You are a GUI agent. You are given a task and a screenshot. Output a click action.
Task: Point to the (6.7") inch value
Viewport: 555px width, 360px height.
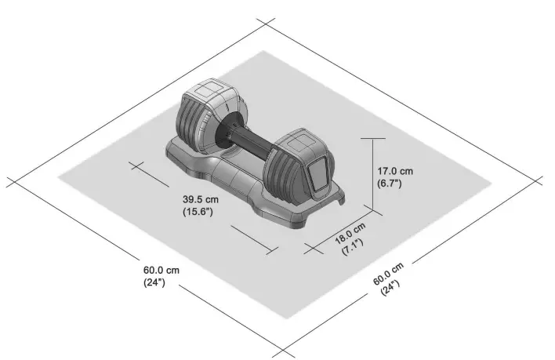tap(390, 184)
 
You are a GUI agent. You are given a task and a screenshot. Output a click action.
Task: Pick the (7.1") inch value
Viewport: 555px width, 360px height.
tap(350, 246)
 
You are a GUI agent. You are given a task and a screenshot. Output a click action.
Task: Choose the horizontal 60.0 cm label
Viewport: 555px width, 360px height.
tap(161, 270)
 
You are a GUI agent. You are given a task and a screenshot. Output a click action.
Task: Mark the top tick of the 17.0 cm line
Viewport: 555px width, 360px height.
tap(373, 136)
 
